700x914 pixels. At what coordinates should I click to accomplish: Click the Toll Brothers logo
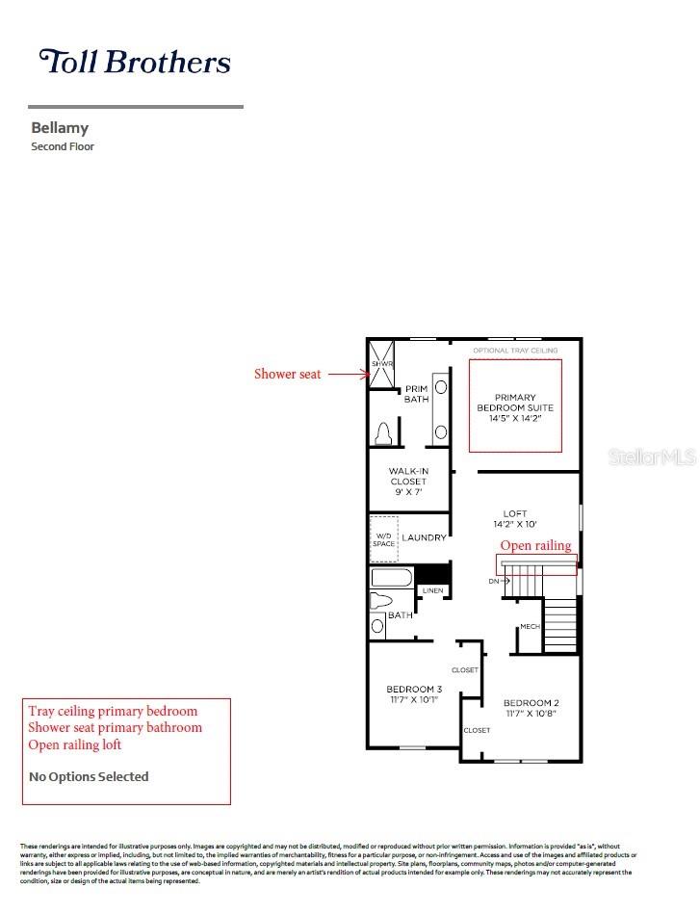[135, 62]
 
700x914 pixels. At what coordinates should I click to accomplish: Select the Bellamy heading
[60, 127]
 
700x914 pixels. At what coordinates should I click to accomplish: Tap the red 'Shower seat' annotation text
[287, 374]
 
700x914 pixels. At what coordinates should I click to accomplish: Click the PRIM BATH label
[416, 394]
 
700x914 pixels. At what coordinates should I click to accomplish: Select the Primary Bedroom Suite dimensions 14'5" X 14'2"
[515, 419]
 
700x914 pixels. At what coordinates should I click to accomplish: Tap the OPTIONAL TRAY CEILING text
[515, 351]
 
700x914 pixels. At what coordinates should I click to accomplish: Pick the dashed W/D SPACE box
[384, 538]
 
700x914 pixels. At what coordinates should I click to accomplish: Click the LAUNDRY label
[424, 537]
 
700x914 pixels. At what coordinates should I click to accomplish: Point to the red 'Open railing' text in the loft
[535, 545]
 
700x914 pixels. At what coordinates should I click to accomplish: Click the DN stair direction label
[493, 581]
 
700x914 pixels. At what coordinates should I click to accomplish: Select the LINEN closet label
[433, 590]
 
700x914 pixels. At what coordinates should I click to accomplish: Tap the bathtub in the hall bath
[391, 578]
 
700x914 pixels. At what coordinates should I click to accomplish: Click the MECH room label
[530, 627]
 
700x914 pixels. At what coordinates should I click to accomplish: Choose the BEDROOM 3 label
[414, 689]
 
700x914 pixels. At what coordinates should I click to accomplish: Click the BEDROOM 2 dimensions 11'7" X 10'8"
[531, 716]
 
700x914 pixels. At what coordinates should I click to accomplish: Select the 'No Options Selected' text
[89, 776]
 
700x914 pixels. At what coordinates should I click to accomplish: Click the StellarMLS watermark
[652, 457]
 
